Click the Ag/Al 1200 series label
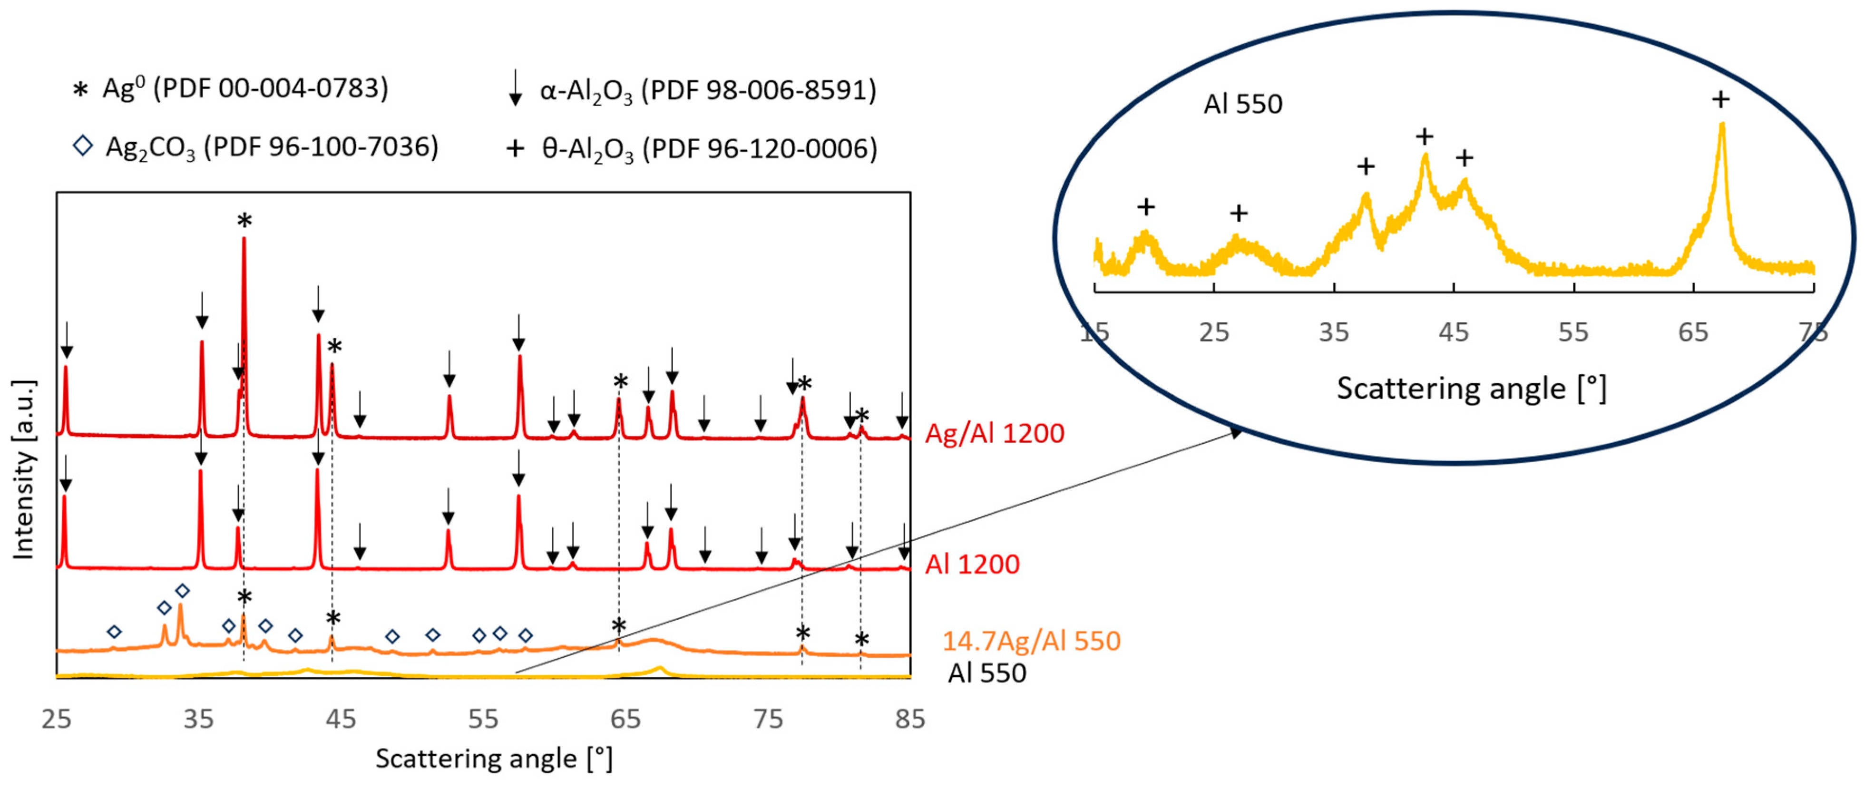coord(995,434)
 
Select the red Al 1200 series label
coord(972,565)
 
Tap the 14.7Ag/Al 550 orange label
coord(1031,642)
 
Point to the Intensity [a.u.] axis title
coord(24,469)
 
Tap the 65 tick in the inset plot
coord(1693,332)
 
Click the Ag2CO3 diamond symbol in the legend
coord(83,146)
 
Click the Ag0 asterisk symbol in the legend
coord(80,90)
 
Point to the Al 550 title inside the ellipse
coord(1242,104)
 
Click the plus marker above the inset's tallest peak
coord(1721,99)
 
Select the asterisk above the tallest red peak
coord(244,221)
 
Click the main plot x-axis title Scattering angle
coord(494,759)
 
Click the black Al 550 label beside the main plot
coord(987,673)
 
